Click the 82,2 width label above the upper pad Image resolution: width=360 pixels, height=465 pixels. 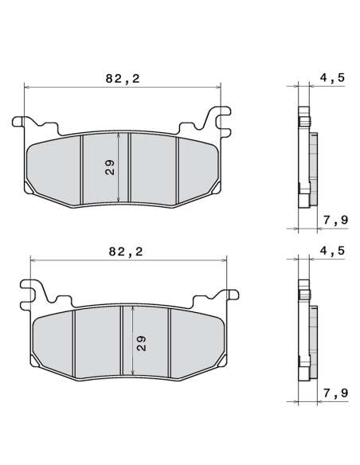point(122,78)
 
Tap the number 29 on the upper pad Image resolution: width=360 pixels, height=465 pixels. point(110,166)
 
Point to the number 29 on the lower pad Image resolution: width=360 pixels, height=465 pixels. point(141,342)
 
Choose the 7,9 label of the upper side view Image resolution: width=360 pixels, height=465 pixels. point(335,219)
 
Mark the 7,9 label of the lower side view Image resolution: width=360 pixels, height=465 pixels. point(335,393)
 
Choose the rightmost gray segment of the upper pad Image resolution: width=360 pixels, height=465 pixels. point(196,167)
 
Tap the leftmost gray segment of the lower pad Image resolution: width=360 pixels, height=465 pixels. point(54,342)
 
